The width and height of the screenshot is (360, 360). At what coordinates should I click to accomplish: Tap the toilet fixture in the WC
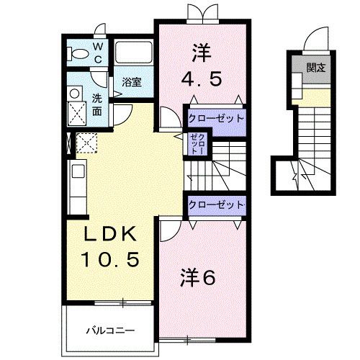[x=76, y=52]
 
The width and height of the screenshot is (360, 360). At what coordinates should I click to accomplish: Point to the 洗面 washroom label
[x=97, y=104]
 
